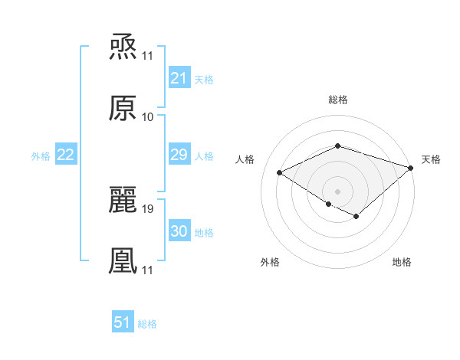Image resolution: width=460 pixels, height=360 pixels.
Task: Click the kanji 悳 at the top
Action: pos(123,47)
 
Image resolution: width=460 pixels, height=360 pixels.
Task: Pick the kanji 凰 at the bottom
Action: pos(123,260)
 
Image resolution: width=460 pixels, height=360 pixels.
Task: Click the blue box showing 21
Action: pos(179,78)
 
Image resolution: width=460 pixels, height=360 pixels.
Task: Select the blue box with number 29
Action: pos(179,155)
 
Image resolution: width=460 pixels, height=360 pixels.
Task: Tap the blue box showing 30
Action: pos(179,231)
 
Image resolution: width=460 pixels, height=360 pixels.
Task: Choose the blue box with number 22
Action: pos(66,155)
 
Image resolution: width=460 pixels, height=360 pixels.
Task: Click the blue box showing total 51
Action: pos(123,322)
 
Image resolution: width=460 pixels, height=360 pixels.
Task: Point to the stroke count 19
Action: pos(148,208)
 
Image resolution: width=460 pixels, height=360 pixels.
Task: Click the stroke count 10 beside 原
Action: pos(148,116)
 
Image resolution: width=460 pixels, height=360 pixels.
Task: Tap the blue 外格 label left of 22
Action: pos(41,155)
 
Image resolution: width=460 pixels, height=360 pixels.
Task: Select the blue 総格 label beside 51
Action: pos(147,323)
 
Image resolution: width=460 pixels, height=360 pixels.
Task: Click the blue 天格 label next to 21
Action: pos(204,79)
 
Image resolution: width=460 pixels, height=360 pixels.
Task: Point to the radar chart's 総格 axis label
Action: pos(338,100)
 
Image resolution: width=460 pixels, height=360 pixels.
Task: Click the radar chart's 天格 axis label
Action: pos(431,159)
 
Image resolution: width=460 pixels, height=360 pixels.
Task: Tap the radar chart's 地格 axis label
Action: pos(402,262)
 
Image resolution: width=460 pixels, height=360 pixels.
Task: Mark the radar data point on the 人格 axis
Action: pos(280,173)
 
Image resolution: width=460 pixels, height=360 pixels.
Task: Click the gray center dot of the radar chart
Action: pos(338,191)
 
